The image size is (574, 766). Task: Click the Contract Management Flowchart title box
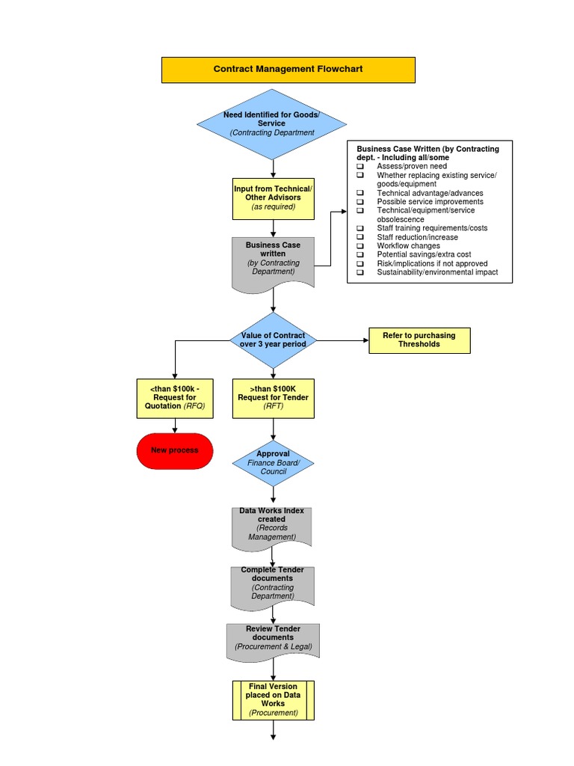[288, 69]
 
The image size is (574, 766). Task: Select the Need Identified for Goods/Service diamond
[272, 123]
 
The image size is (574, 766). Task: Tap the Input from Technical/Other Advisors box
[273, 197]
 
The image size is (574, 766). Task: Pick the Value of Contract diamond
[273, 340]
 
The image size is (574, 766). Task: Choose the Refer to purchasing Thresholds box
[419, 340]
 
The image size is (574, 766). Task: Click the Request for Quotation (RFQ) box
[174, 397]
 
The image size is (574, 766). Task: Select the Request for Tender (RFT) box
[273, 397]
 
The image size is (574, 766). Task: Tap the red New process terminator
[175, 450]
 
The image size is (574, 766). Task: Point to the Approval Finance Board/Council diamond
[273, 462]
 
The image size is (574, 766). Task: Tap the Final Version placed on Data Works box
[273, 699]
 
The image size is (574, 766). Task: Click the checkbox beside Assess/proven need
[360, 166]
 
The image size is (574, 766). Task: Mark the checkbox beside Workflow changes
[360, 245]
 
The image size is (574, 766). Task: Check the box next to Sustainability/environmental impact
[360, 272]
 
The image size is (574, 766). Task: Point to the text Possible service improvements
[430, 202]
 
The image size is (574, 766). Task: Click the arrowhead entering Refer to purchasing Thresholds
[365, 340]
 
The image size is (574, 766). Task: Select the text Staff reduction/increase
[417, 237]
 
